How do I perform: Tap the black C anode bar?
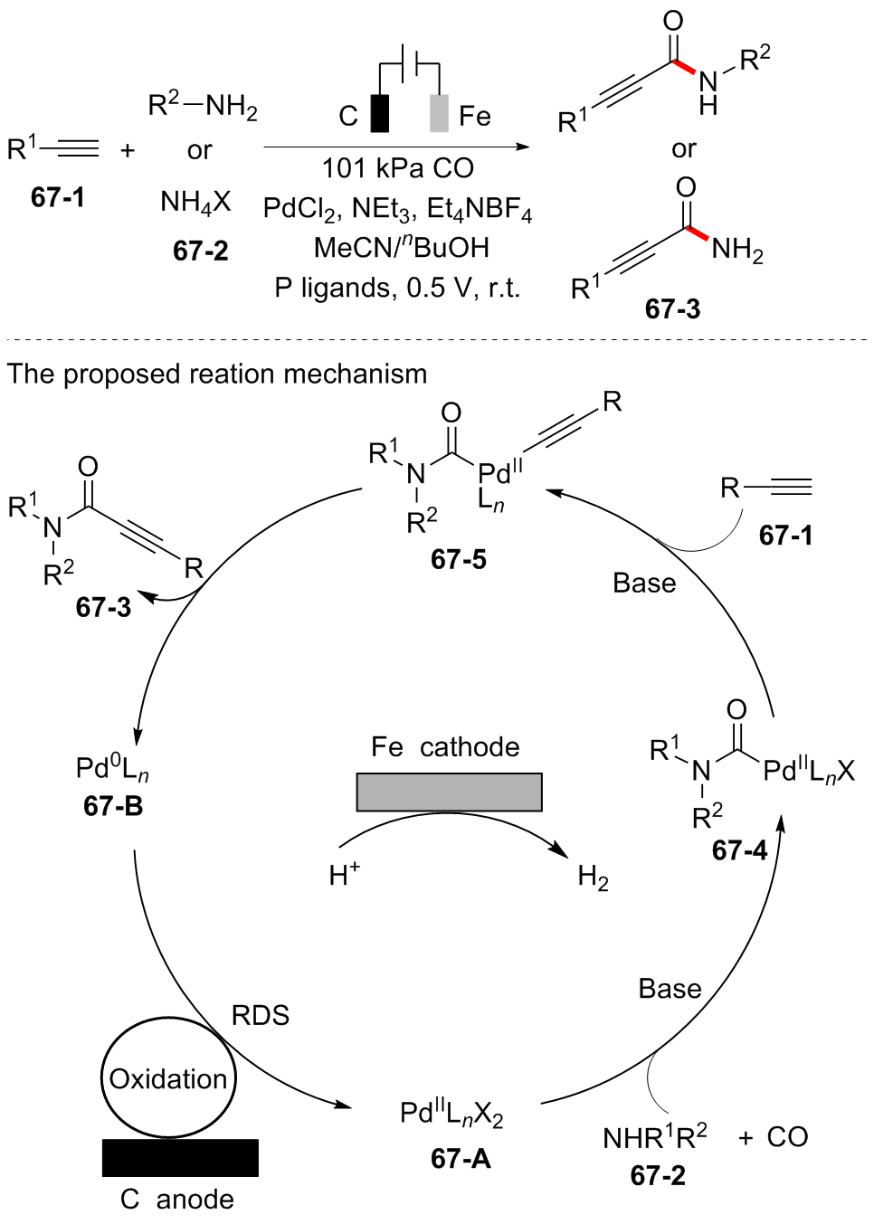click(x=180, y=1157)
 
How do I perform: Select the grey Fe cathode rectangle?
click(x=449, y=792)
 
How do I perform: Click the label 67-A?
click(x=461, y=1158)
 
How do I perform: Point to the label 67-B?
click(x=113, y=805)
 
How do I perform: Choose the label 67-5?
click(x=459, y=559)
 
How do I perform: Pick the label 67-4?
click(x=739, y=850)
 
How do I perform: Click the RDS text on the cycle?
click(x=261, y=1015)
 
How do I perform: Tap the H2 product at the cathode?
click(x=593, y=877)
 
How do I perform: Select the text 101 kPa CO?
click(x=398, y=167)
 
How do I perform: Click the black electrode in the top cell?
click(x=380, y=113)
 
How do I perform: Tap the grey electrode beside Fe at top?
click(x=439, y=113)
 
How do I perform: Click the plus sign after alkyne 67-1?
click(x=128, y=150)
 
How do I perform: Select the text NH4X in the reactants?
click(x=195, y=202)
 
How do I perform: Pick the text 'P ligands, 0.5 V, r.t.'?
click(x=398, y=288)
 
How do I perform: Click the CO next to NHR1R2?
click(x=787, y=1137)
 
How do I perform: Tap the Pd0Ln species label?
click(x=112, y=769)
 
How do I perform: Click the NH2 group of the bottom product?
click(x=737, y=249)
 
